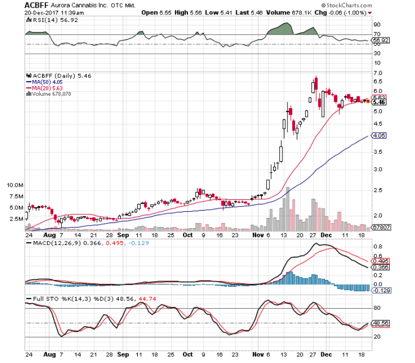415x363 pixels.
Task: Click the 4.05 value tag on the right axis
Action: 379,136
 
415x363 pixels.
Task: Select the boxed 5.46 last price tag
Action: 379,103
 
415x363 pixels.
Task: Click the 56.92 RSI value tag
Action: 379,39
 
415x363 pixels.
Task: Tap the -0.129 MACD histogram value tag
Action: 379,291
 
